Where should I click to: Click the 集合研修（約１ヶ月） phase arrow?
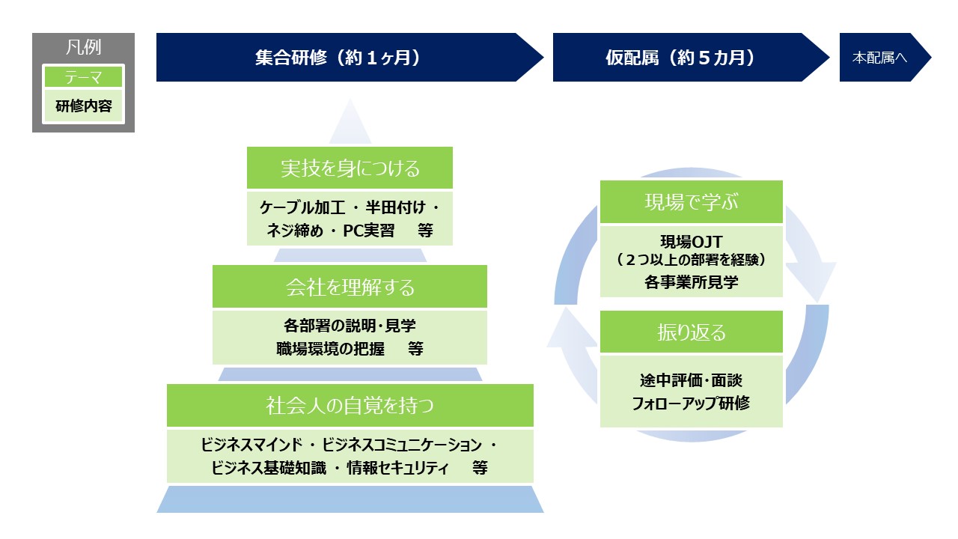350,58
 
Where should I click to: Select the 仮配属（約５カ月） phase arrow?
691,58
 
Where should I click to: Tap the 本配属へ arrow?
885,58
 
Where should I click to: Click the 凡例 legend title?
83,47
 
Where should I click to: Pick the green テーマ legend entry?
83,77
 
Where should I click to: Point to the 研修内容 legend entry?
83,106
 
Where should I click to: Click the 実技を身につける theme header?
350,168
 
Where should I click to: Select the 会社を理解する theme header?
350,286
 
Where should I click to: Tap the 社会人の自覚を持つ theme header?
350,405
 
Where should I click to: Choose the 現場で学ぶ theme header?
692,201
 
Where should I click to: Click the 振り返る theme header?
692,332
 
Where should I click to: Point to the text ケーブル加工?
302,208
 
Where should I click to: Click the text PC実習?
369,231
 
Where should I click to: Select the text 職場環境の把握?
330,349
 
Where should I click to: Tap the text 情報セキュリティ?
397,468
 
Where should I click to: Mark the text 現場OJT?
692,242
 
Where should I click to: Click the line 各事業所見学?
692,282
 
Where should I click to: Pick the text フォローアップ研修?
691,403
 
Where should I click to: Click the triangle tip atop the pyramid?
350,100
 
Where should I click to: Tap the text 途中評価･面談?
692,380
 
